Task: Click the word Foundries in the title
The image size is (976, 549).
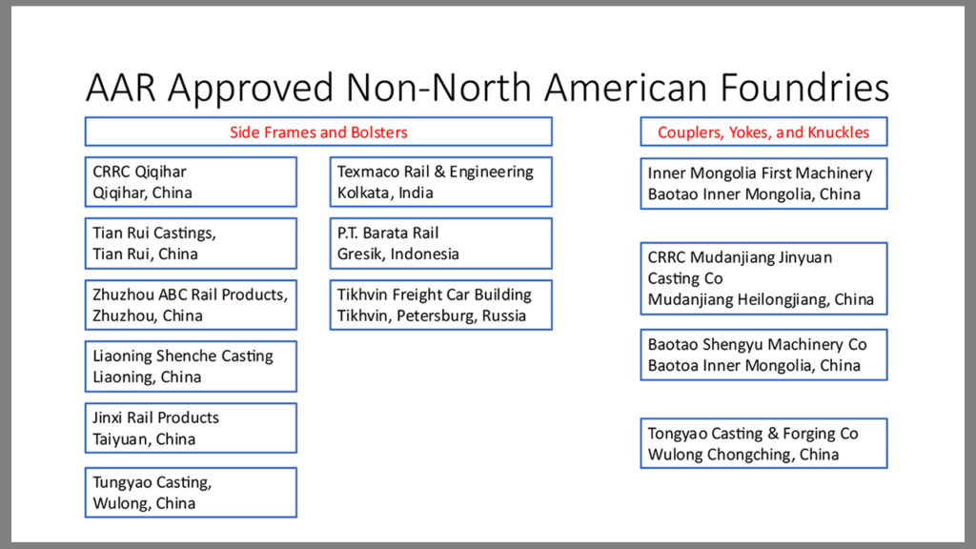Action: (x=804, y=87)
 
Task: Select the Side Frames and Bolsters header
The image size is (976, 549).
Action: (x=318, y=132)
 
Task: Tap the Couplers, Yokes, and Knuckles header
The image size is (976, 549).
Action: (x=763, y=132)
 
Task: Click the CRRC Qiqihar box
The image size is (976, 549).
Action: (x=191, y=182)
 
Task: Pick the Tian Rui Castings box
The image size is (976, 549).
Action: (x=191, y=243)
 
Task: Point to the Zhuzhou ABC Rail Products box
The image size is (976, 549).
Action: (x=191, y=305)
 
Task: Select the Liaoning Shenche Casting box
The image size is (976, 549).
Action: (x=191, y=367)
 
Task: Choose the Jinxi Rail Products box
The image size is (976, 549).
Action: (x=191, y=428)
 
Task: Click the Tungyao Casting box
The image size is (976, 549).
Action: (x=191, y=493)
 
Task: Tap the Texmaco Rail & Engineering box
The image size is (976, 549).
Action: (x=440, y=182)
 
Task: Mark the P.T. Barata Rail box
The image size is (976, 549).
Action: (x=440, y=243)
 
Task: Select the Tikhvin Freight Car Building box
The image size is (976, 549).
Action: (x=440, y=305)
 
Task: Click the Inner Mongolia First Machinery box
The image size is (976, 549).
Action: (x=763, y=184)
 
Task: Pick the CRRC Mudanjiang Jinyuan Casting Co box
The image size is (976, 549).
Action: (x=763, y=279)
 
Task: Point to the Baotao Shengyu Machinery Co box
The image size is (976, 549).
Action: (x=763, y=355)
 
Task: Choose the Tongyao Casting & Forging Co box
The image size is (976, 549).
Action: (x=763, y=443)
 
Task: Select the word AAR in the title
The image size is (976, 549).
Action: (x=120, y=87)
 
